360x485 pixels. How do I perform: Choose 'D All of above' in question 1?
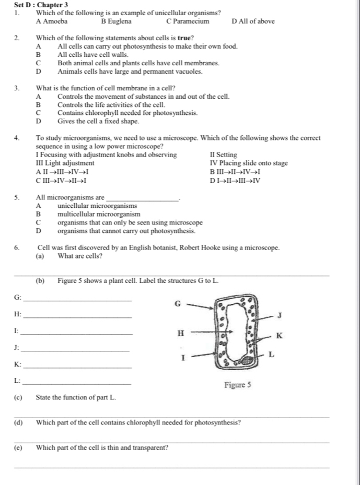click(x=253, y=21)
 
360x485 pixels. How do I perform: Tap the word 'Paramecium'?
click(x=190, y=21)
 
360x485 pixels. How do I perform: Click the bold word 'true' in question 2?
click(x=181, y=38)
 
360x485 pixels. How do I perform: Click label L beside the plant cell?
click(x=271, y=354)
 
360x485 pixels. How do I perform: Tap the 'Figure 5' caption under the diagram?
click(x=238, y=385)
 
